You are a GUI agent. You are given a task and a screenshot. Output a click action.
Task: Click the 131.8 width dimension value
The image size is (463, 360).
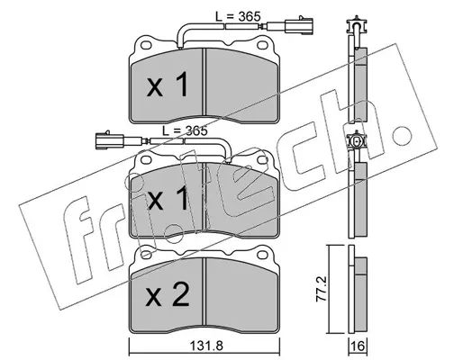pos(206,347)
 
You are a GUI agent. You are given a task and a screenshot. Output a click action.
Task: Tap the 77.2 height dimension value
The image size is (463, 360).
pos(322,289)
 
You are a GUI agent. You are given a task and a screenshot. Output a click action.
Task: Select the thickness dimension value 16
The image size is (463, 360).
pos(358,347)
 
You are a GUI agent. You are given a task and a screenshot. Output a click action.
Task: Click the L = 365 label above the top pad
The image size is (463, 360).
pos(238,16)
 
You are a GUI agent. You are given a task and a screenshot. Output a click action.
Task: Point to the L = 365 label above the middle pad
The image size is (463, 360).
pos(185,130)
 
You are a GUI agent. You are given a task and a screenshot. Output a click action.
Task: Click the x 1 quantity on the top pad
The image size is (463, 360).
pos(168,85)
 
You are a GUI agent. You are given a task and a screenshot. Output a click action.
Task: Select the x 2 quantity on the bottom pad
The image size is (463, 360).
pos(168,294)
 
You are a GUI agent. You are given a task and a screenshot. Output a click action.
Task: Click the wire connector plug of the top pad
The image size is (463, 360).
pos(299,25)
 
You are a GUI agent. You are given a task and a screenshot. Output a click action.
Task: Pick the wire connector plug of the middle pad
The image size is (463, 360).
pos(109,140)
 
